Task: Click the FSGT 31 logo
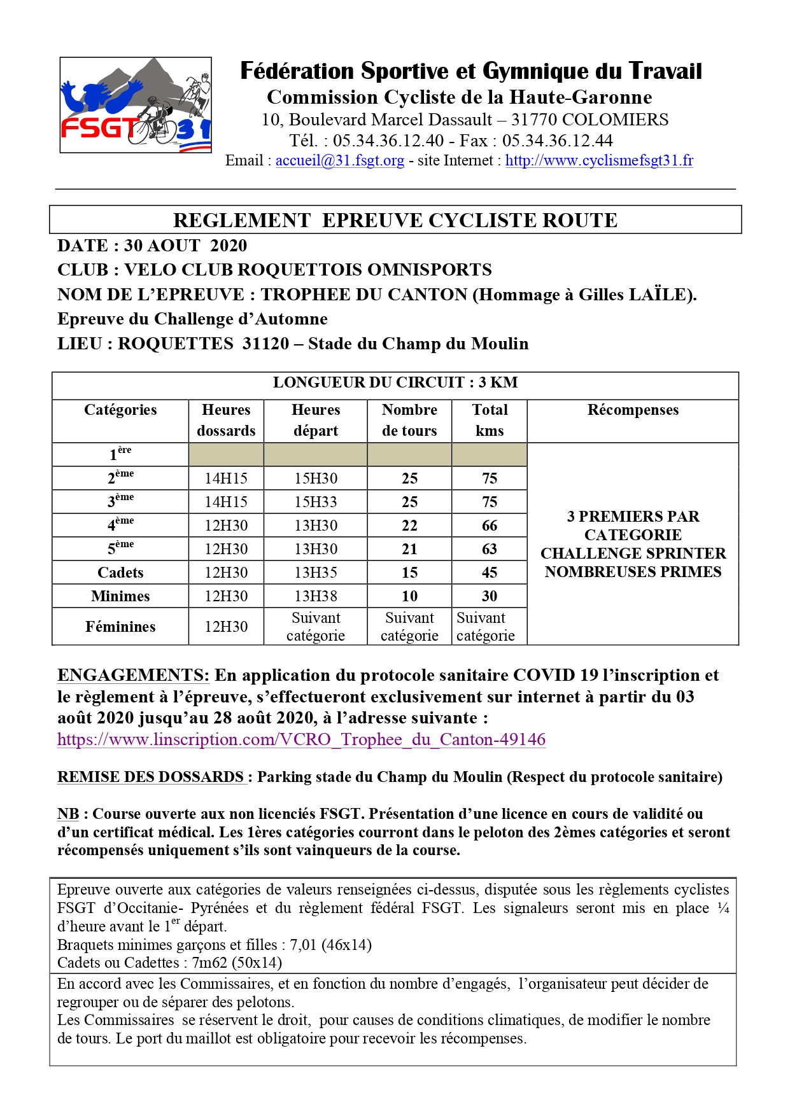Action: click(x=136, y=105)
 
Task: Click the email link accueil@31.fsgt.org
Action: click(x=339, y=160)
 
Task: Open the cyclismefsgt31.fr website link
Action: click(x=598, y=160)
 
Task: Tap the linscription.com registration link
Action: click(x=301, y=739)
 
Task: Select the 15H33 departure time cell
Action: click(x=316, y=502)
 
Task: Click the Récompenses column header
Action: click(x=633, y=410)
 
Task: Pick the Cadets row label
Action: click(x=120, y=573)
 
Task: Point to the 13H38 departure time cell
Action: click(x=316, y=596)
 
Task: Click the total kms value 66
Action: click(x=489, y=526)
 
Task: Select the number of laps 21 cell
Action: click(x=409, y=549)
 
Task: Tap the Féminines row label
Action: click(x=120, y=627)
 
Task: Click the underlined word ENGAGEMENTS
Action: click(x=132, y=676)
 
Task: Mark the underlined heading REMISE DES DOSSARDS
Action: click(x=151, y=777)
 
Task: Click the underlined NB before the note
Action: click(x=68, y=814)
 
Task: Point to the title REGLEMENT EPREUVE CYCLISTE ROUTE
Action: click(x=395, y=220)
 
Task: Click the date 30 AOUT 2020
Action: click(x=185, y=246)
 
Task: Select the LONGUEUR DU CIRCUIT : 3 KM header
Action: click(x=395, y=382)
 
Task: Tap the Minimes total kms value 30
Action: click(x=489, y=596)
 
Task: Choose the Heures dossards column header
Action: click(x=226, y=420)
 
